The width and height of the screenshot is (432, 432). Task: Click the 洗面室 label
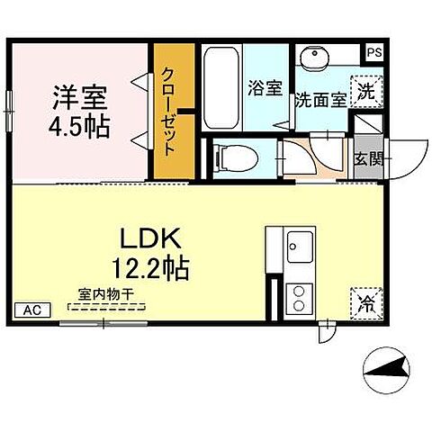point(320,100)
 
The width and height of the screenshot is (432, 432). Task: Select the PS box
point(373,52)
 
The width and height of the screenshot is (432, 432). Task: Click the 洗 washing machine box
point(365,90)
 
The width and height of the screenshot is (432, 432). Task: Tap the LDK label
point(152,238)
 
